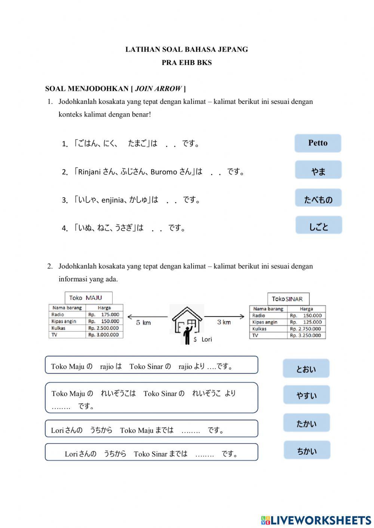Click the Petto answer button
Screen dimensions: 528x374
tap(318, 143)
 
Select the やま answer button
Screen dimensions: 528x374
tap(318, 170)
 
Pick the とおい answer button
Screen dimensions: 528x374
tap(306, 369)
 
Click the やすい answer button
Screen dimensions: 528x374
tap(306, 395)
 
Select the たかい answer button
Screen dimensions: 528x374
tap(306, 423)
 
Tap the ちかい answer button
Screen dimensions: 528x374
tap(307, 450)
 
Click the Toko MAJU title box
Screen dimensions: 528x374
tap(88, 298)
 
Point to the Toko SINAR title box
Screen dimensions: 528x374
tap(288, 299)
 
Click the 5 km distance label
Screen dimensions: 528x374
tap(143, 322)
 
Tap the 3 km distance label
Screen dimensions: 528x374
tap(224, 322)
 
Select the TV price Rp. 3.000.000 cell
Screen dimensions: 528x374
tap(104, 335)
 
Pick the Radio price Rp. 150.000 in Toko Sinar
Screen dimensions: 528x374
tap(306, 316)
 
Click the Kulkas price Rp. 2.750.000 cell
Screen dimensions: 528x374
tap(306, 329)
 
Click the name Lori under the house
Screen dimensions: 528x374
tap(206, 339)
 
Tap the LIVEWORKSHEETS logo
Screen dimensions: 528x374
tap(316, 520)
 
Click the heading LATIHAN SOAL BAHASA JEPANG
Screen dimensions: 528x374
tap(187, 49)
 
